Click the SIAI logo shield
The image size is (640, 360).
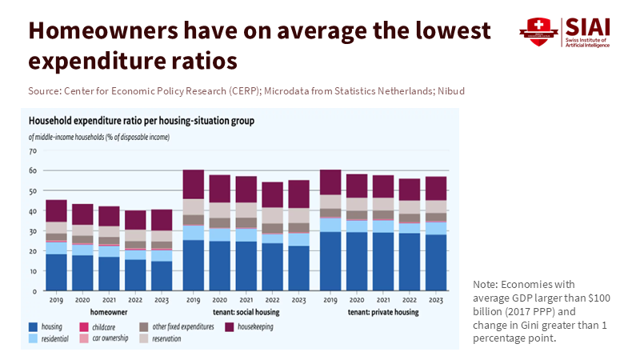pyautogui.click(x=534, y=32)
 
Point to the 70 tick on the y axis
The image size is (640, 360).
pyautogui.click(x=33, y=150)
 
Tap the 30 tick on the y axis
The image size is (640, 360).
pyautogui.click(x=33, y=231)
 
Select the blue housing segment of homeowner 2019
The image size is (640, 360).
pyautogui.click(x=56, y=272)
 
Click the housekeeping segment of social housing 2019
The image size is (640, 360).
pyautogui.click(x=194, y=184)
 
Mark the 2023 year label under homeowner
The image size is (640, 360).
pyautogui.click(x=161, y=301)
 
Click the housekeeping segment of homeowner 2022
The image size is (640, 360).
pyautogui.click(x=135, y=220)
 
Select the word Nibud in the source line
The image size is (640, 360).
pyautogui.click(x=450, y=91)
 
